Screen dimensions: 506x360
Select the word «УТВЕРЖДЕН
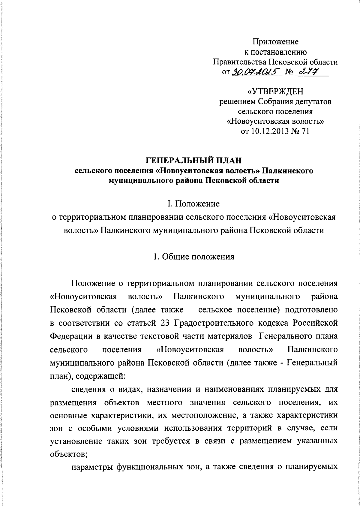(x=275, y=91)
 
